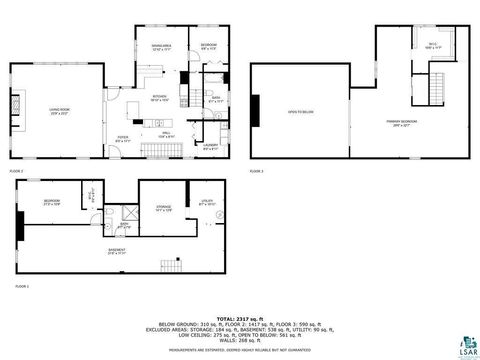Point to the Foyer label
point(122,140)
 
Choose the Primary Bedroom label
point(400,123)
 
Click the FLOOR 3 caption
point(257,171)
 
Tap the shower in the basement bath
point(129,212)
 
